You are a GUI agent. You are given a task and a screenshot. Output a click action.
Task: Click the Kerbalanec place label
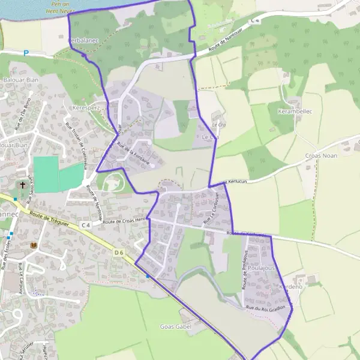click(x=84, y=40)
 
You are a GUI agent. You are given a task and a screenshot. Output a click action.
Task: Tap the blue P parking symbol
click(x=26, y=53)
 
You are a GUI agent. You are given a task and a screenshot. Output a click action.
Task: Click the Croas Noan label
click(x=322, y=155)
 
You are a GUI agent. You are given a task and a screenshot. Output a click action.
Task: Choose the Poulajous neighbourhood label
click(x=260, y=268)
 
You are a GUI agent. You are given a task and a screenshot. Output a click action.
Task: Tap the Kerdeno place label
click(x=291, y=287)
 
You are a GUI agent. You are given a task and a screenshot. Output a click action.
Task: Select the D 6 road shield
click(x=118, y=253)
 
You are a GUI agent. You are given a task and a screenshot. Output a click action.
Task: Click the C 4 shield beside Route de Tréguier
click(x=85, y=225)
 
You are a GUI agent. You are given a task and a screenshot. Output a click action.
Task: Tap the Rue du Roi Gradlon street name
click(x=265, y=308)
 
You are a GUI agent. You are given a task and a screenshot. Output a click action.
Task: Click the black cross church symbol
click(x=23, y=185)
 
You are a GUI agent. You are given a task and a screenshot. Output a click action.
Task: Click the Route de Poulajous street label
click(x=245, y=274)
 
